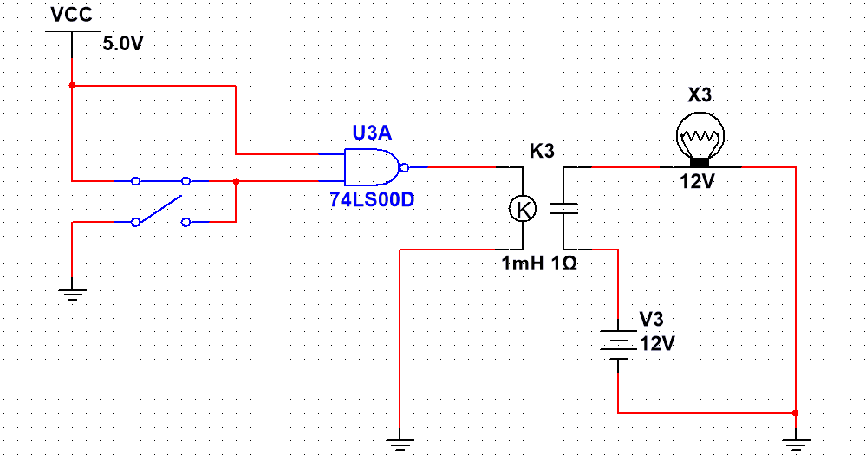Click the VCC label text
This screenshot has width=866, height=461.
71,16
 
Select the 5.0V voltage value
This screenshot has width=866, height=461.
122,44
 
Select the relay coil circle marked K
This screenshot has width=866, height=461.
522,208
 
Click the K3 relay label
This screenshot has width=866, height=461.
542,151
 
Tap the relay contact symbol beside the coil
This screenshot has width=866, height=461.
564,208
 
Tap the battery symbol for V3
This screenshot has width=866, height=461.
617,343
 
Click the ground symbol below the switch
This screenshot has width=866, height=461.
72,294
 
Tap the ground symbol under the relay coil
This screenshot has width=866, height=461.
399,445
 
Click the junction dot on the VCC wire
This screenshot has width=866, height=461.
72,85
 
